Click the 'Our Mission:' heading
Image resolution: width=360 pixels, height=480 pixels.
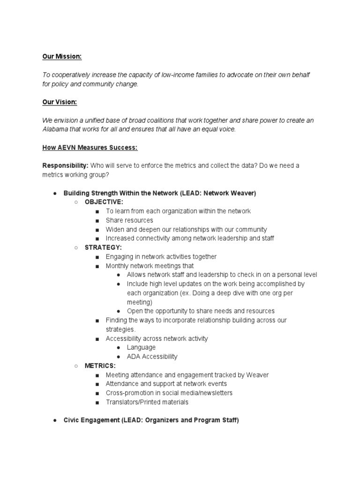click(62, 57)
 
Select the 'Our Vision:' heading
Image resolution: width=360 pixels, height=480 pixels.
click(60, 102)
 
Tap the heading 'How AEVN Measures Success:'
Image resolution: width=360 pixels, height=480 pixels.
click(90, 148)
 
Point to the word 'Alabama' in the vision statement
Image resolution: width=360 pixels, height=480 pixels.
click(54, 129)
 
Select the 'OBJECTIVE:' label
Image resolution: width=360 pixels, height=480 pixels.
click(104, 202)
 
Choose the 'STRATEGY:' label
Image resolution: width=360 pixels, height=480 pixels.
click(103, 247)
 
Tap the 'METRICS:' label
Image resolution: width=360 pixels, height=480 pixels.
click(100, 366)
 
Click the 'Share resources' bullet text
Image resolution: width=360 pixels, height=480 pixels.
click(129, 220)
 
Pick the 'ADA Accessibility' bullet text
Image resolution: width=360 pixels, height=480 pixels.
click(152, 357)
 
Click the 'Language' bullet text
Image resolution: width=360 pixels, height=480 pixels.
click(141, 347)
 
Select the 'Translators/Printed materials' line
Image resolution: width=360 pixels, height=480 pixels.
click(147, 402)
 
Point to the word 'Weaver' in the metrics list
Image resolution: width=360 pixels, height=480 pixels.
click(258, 375)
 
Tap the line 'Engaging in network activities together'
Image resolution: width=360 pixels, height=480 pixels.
click(161, 257)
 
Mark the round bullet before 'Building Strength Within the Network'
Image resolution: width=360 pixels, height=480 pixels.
click(55, 193)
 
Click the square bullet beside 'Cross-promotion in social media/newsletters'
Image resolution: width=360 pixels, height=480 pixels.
click(97, 393)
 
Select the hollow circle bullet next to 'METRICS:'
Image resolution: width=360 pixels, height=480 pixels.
click(75, 366)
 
